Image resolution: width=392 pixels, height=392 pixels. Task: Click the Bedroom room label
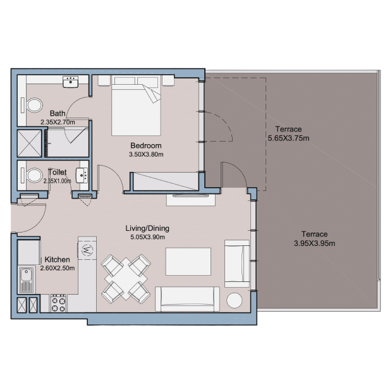coord(146,145)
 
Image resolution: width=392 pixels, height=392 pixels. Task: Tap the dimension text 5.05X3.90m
coord(147,237)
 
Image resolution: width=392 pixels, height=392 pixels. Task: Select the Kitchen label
coord(58,259)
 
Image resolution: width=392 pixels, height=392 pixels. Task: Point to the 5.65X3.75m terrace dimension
coord(288,138)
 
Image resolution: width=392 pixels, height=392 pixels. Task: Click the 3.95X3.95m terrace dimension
coord(314,243)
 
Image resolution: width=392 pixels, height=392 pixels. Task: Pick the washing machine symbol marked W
coord(87,250)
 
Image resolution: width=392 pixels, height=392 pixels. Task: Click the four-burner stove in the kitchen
coord(59,303)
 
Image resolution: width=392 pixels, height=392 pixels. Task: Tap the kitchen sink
coord(27,279)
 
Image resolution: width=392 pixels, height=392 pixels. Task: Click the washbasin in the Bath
coord(71,82)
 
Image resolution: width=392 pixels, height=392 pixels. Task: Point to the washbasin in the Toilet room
coord(82,175)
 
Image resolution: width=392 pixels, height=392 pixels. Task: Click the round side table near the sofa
coord(234,300)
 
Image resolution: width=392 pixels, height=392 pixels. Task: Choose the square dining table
coord(126,278)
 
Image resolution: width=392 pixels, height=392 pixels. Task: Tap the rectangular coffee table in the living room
coord(188,262)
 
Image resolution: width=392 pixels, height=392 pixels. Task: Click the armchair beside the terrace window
coord(237,264)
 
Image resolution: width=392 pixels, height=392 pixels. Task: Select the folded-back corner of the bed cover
coord(152,93)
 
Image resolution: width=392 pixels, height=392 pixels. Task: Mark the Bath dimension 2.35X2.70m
coord(58,122)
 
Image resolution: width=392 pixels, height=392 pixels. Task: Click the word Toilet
coord(58,172)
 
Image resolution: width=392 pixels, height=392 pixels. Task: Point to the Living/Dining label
coord(147,228)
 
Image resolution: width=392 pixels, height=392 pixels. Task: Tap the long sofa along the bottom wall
coord(188,299)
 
